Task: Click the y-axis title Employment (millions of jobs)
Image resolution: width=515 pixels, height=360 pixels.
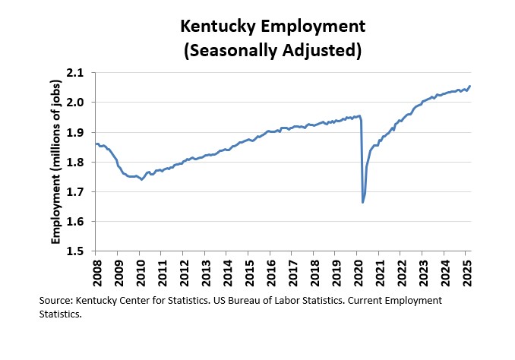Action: [55, 162]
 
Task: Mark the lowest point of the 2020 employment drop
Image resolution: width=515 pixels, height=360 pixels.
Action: [362, 202]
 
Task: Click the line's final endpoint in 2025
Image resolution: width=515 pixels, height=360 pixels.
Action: [470, 87]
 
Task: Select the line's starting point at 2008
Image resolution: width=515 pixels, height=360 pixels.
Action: [95, 144]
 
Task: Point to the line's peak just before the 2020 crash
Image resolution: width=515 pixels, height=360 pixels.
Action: [359, 115]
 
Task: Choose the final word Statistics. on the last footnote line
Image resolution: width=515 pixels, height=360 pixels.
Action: [60, 314]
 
